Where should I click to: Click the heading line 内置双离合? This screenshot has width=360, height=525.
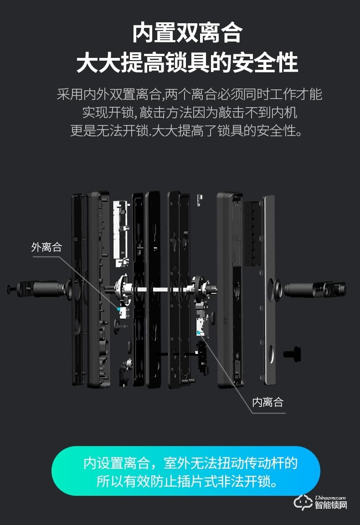point(187,33)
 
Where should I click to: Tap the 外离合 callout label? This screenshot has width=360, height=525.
point(46,247)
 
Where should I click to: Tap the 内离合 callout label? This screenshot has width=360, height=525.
point(268,402)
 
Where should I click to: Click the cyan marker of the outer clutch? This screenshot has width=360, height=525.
point(119,309)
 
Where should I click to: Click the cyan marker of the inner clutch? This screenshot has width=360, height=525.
point(199,333)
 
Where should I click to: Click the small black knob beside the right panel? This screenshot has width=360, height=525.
point(292,353)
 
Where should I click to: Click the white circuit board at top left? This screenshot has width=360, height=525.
point(121,230)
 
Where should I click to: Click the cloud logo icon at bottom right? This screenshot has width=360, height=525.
point(303,502)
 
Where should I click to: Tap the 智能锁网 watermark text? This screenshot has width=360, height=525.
point(331,505)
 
